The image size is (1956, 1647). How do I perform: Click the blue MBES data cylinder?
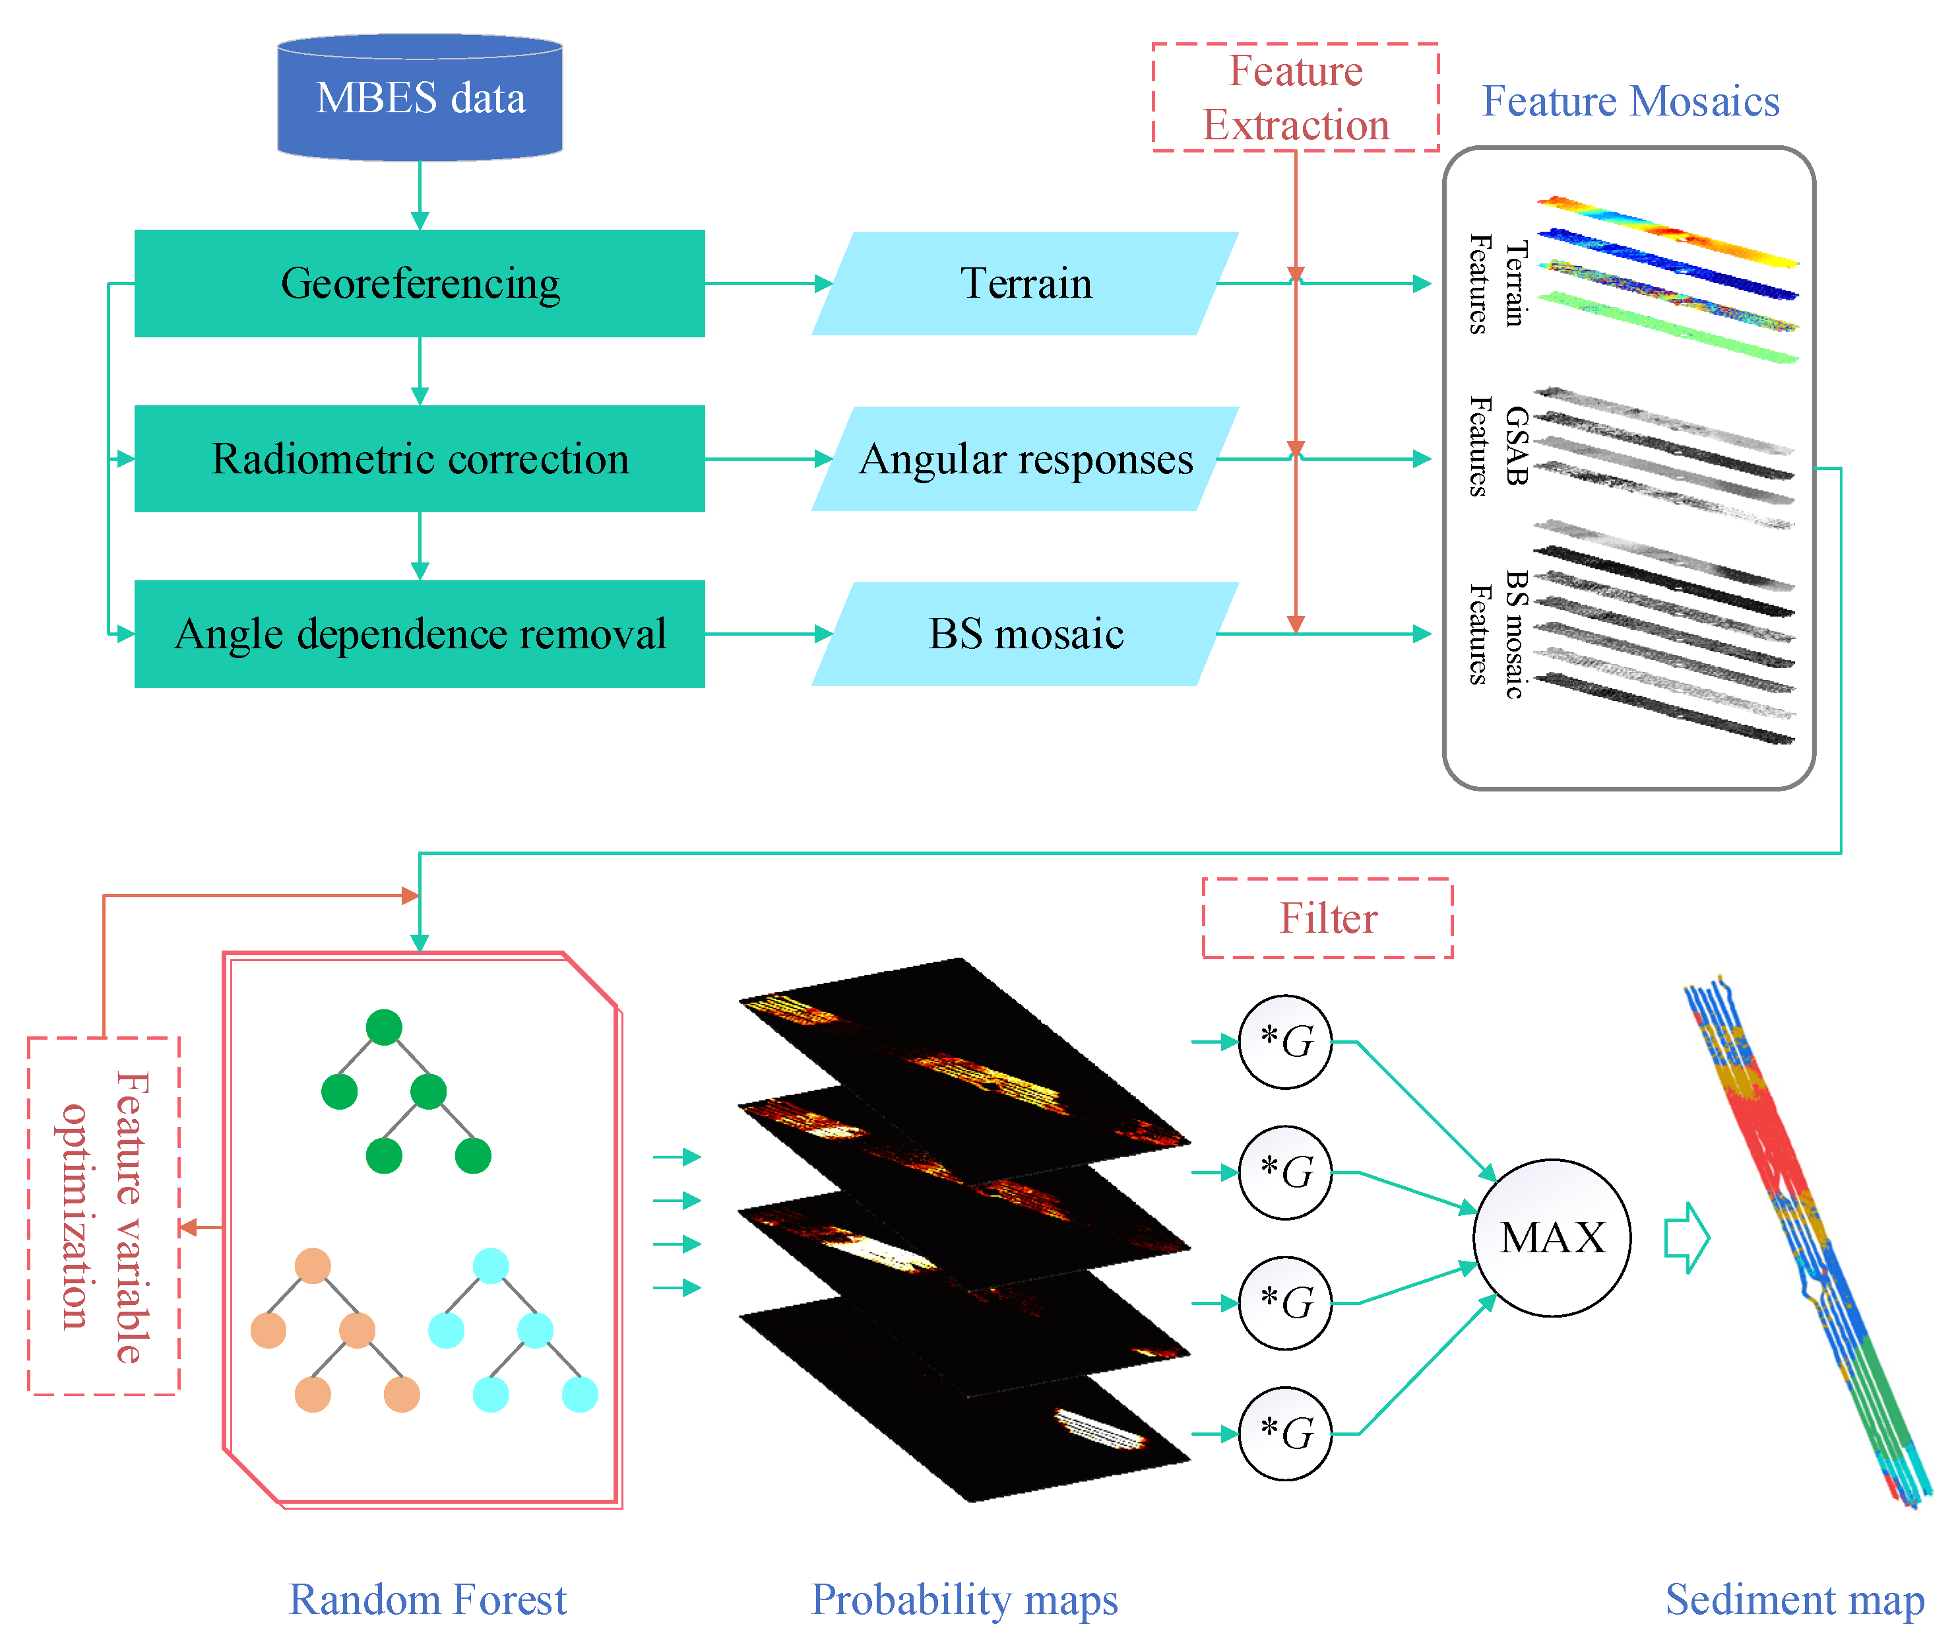click(x=420, y=98)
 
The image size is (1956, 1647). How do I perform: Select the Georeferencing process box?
click(x=420, y=283)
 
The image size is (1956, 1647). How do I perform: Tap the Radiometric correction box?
click(x=420, y=458)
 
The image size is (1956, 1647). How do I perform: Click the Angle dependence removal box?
click(x=420, y=634)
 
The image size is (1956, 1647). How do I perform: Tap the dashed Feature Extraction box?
click(x=1295, y=97)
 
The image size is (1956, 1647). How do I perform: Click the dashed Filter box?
click(x=1327, y=918)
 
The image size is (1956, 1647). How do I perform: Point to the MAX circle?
click(x=1552, y=1238)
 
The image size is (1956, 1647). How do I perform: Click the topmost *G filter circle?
click(x=1285, y=1041)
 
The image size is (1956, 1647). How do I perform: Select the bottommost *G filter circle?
click(x=1285, y=1433)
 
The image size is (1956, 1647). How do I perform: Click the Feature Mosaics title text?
click(x=1630, y=101)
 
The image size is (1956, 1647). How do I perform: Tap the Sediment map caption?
click(x=1794, y=1599)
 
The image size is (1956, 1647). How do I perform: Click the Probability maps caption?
click(x=964, y=1599)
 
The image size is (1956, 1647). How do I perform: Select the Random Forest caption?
click(x=427, y=1599)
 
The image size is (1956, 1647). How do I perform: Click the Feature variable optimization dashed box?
click(x=104, y=1216)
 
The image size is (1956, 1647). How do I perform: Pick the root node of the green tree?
click(x=383, y=1027)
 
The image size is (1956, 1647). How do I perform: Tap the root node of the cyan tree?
click(x=491, y=1265)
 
